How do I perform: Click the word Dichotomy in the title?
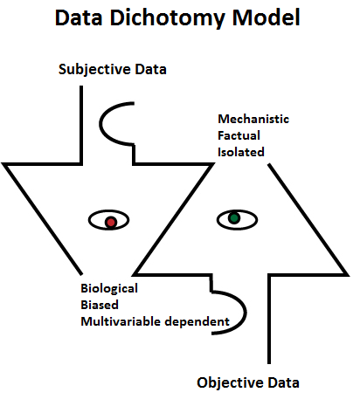[x=168, y=19]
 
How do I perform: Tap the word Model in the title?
[x=266, y=17]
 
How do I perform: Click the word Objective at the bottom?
[x=230, y=383]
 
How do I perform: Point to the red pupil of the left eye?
[x=111, y=222]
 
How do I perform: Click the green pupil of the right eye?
[x=234, y=217]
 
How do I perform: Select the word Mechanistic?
[x=253, y=119]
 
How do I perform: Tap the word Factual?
[x=239, y=135]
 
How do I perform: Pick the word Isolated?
[x=241, y=152]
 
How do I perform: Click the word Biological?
[x=109, y=289]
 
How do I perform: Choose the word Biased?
[x=100, y=305]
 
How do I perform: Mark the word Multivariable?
[x=121, y=321]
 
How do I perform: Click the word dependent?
[x=197, y=322]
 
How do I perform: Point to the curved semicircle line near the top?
[x=100, y=124]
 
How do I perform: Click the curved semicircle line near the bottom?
[x=245, y=313]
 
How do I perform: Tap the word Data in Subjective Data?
[x=150, y=69]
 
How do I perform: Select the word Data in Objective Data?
[x=283, y=382]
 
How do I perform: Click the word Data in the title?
[x=79, y=17]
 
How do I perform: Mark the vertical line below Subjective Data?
[x=81, y=125]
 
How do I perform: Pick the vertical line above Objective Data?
[x=269, y=319]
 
